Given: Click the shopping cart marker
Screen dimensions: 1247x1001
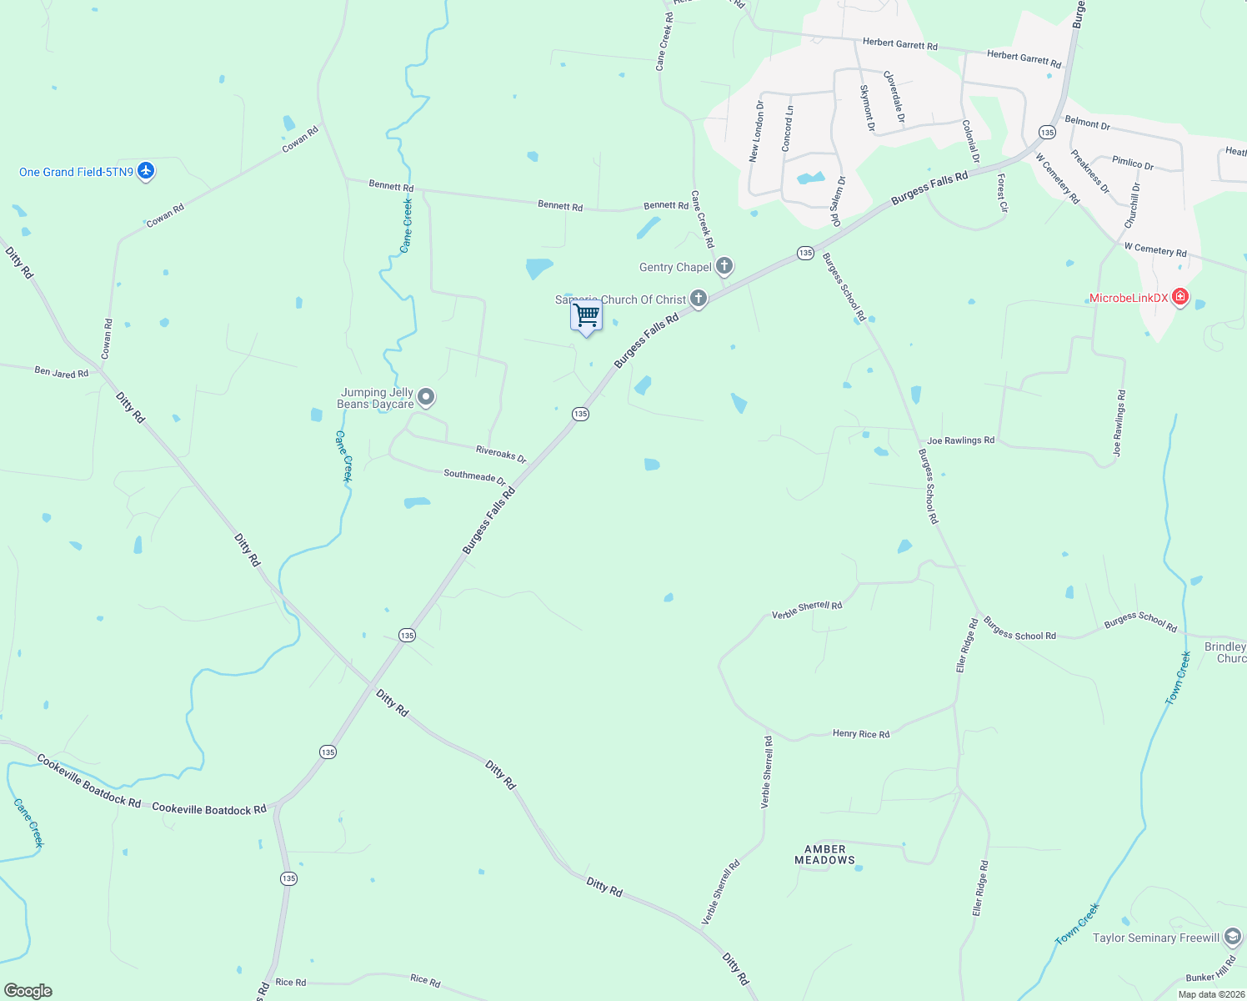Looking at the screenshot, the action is [x=587, y=316].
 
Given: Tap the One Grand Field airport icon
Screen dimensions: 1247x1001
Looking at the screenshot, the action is [x=146, y=171].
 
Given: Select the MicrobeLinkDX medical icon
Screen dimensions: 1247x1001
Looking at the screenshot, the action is [x=1179, y=297].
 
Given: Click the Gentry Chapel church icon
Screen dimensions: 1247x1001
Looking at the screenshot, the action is [x=724, y=266].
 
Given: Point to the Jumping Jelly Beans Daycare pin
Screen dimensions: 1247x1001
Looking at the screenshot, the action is [x=426, y=397].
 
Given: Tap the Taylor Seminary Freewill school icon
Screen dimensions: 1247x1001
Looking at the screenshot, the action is [x=1233, y=938].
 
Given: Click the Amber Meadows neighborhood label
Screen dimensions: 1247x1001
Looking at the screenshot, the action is [x=824, y=854].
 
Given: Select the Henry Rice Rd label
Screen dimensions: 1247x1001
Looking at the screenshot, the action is [x=861, y=734].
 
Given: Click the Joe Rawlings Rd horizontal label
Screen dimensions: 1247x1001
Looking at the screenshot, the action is [x=960, y=440].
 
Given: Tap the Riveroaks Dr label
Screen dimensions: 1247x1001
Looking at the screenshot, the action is [x=501, y=454].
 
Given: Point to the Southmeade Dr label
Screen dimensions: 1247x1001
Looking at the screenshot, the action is [x=474, y=476].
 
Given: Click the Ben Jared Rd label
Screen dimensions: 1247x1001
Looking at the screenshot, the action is [x=61, y=372].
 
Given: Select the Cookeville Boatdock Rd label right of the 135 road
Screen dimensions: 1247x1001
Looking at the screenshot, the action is [x=209, y=808].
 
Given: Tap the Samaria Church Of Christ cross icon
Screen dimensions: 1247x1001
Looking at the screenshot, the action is [x=699, y=299].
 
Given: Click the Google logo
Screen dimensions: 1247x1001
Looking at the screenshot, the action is [x=28, y=991].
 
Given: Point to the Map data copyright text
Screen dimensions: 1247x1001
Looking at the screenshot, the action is [x=1209, y=994].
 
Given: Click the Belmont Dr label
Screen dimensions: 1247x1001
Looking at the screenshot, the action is [x=1087, y=123].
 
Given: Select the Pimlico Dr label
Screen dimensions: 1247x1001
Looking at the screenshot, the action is [x=1133, y=163].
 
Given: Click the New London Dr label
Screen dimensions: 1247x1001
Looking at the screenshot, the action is [x=756, y=131].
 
